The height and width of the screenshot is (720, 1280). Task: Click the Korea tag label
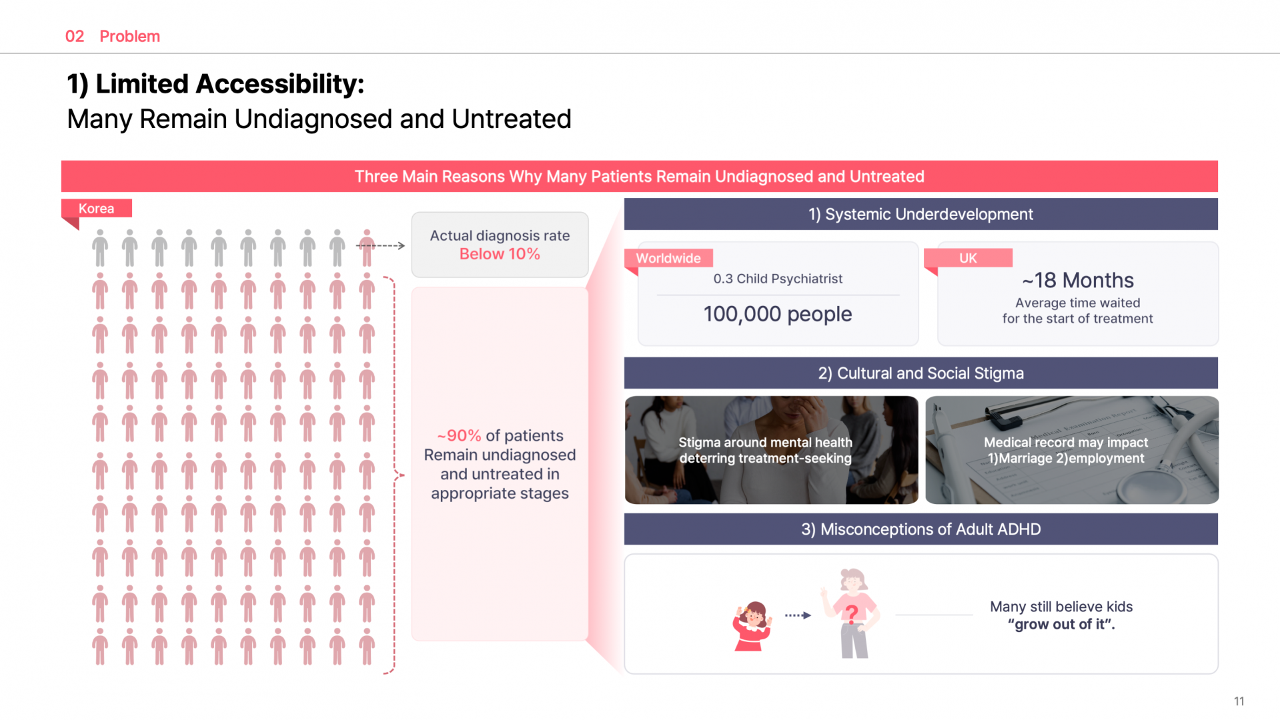click(96, 209)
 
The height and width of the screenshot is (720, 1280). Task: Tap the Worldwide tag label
click(668, 258)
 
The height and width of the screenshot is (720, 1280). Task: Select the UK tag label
click(968, 258)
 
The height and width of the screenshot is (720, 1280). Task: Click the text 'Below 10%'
click(500, 254)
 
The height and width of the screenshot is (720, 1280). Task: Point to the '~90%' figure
click(459, 435)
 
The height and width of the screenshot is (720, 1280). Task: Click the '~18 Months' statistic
click(1077, 280)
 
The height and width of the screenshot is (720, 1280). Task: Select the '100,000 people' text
click(778, 314)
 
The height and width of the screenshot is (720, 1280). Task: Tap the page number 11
click(1239, 701)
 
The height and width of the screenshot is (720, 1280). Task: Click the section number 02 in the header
click(75, 36)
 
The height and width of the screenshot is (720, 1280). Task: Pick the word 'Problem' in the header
click(130, 36)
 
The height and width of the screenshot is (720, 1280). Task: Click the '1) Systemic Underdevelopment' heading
click(920, 214)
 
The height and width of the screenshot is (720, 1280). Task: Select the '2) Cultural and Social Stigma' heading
click(920, 373)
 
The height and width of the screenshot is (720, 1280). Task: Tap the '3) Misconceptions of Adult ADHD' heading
click(920, 529)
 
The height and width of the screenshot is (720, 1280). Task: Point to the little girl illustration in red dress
click(752, 625)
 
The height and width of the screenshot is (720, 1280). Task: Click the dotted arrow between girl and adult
click(798, 615)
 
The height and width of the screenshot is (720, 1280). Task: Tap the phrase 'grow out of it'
click(1061, 625)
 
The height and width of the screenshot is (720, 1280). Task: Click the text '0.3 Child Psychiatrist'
click(778, 279)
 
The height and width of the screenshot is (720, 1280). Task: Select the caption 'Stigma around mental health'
click(765, 442)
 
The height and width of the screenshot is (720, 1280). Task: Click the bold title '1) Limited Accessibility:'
click(216, 84)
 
